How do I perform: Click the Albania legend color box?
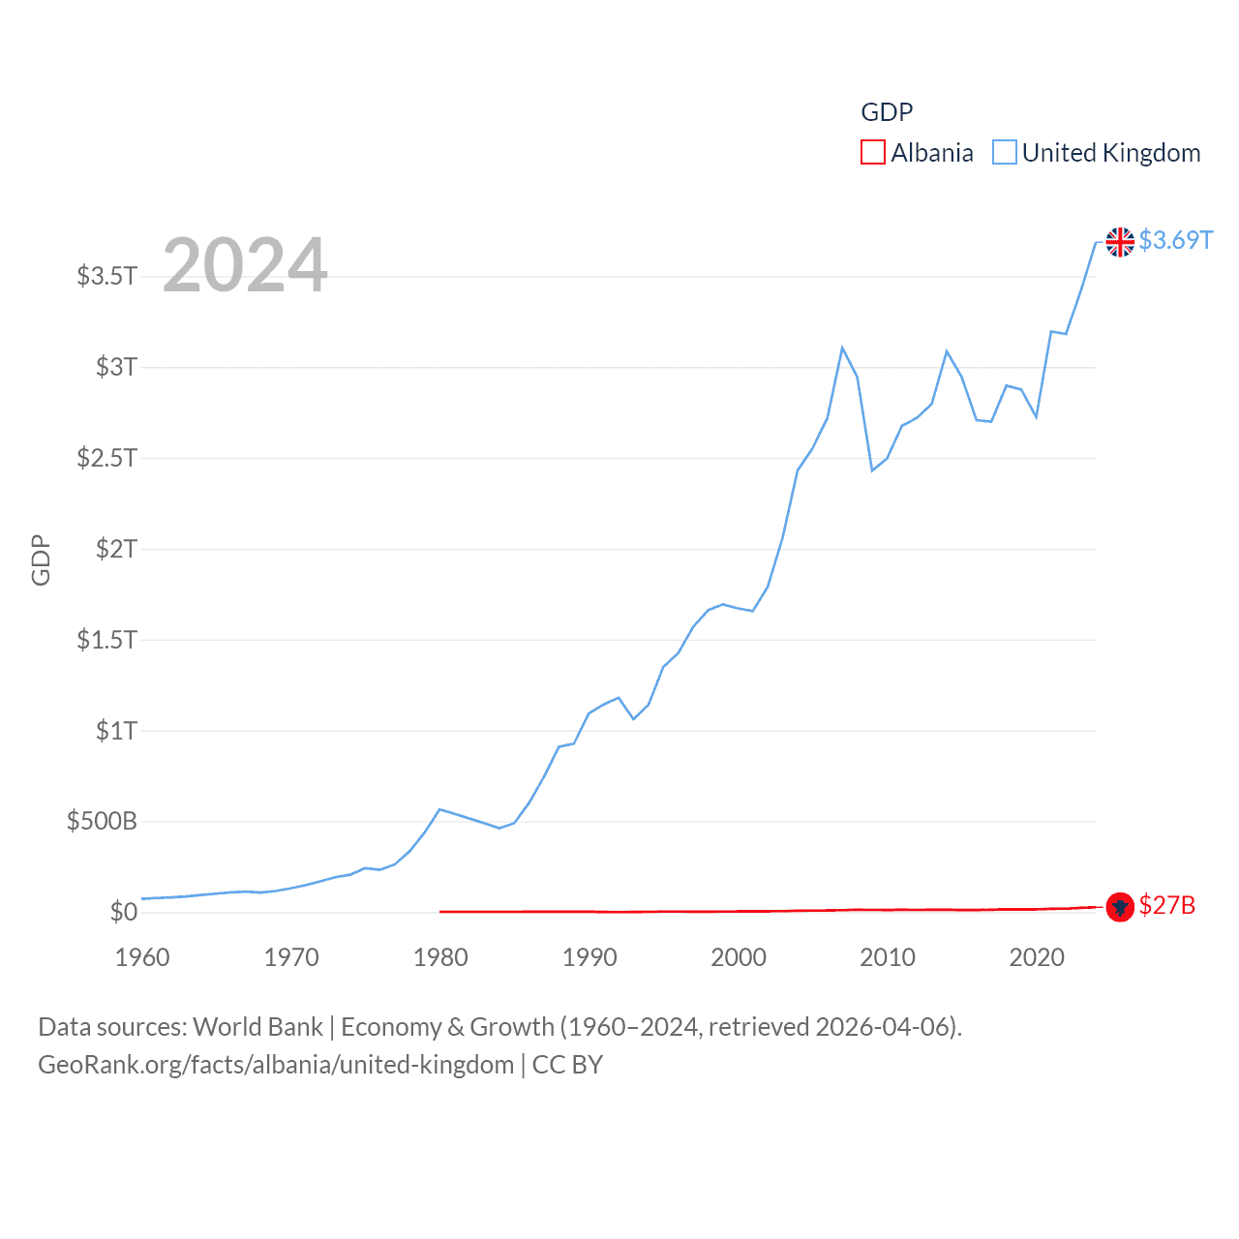point(872,153)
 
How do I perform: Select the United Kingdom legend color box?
point(1005,153)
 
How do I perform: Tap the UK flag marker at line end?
point(1120,242)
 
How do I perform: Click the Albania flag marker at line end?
point(1120,907)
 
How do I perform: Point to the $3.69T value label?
point(1175,240)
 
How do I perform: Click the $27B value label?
point(1166,905)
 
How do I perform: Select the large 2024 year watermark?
point(245,265)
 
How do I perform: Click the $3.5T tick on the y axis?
point(107,276)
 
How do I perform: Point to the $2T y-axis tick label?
point(116,549)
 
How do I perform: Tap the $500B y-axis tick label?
point(102,822)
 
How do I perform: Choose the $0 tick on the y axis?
point(124,912)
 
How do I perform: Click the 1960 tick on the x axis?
point(142,957)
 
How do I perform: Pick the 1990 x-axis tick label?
point(589,957)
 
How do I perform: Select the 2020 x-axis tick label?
point(1037,957)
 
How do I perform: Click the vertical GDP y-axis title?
point(41,559)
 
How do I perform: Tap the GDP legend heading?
point(887,112)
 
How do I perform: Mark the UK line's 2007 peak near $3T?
point(842,348)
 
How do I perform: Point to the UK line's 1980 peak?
point(440,809)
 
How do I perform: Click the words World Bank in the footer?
point(258,1026)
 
